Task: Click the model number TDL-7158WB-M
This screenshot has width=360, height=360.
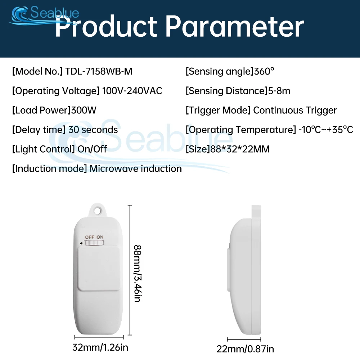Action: coord(99,71)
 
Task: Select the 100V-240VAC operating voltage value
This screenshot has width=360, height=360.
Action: coord(132,91)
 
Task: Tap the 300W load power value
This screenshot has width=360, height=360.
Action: coord(84,110)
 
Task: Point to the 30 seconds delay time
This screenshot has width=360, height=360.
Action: coord(93,130)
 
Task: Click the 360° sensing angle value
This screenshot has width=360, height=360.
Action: coord(264,71)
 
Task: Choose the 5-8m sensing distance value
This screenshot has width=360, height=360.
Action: coord(279,91)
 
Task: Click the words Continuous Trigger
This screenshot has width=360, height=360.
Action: coord(295,111)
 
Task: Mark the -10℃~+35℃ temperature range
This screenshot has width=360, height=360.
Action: coord(326,130)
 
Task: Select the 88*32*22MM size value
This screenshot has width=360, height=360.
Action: coord(240,149)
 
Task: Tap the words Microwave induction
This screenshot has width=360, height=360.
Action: coord(136,168)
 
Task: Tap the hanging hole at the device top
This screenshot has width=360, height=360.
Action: coord(98,210)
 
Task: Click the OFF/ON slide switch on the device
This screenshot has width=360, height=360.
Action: coord(94,243)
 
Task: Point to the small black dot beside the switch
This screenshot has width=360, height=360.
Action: coord(81,243)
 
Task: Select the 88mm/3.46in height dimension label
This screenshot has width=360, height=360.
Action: coord(138,274)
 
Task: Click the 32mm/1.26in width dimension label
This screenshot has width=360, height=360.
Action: coord(100,347)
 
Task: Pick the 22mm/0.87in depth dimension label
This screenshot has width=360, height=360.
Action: coord(245,349)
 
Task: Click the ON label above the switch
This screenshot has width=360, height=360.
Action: coord(100,237)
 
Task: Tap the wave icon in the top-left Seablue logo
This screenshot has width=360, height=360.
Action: coord(19,14)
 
